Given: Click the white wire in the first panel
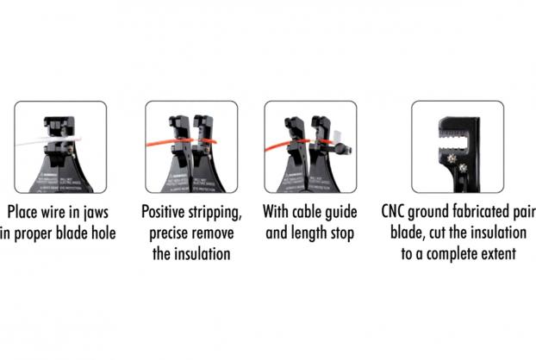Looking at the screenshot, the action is point(48,140).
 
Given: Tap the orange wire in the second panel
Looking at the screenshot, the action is point(181,142).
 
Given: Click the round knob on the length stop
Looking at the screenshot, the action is point(340,148).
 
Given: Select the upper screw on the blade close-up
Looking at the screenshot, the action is point(452,158).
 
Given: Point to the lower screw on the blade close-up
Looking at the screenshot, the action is point(463,168).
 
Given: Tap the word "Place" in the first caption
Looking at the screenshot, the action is point(22,212).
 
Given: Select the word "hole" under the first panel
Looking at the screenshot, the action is point(103,233).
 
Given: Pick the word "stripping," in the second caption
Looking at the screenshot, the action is point(215,213).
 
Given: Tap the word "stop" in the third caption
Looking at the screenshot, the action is point(342,234).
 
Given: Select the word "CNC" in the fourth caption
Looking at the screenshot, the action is point(393,212).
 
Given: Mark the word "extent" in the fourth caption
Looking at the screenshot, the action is point(500,254).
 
